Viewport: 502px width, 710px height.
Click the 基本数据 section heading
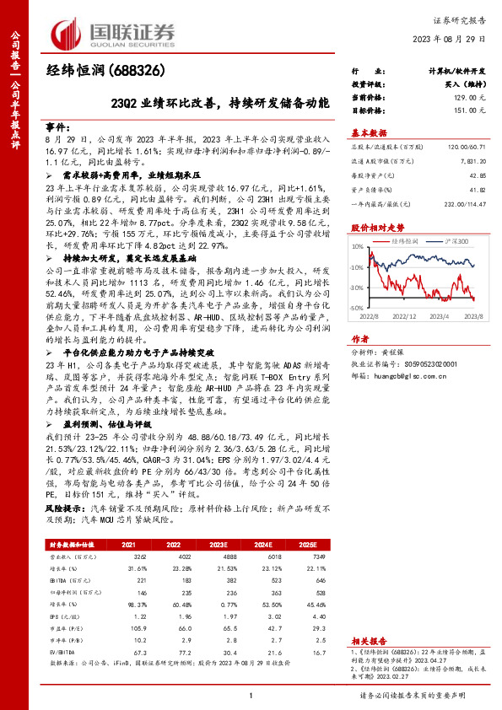(x=369, y=132)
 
